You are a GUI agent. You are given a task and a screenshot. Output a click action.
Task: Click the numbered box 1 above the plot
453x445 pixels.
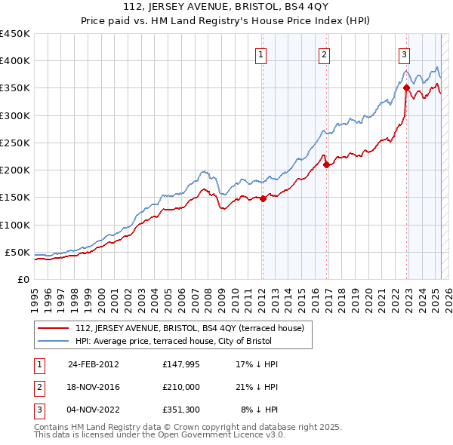[260, 54]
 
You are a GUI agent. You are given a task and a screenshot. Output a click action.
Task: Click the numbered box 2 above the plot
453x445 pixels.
[323, 54]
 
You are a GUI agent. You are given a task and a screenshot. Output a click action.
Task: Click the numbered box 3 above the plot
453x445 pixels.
[404, 54]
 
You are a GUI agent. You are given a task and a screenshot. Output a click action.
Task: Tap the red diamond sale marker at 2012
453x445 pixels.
[263, 198]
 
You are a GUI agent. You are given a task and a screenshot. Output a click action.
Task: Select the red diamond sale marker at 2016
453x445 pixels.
[325, 164]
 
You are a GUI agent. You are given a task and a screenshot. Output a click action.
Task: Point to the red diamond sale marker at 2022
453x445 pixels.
[406, 87]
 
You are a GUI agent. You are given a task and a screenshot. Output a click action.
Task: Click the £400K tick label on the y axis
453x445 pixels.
[14, 61]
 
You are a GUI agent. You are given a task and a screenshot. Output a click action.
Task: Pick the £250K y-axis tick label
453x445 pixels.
[14, 143]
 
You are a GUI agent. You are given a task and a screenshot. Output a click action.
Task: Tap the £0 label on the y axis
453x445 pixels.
[23, 279]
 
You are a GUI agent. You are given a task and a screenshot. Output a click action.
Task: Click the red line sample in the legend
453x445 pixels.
[53, 328]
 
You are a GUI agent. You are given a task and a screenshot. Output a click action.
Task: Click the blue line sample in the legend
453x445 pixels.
[53, 342]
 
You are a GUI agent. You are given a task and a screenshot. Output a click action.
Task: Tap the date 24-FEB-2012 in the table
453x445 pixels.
[94, 364]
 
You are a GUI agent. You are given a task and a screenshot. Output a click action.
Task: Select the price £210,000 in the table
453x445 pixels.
[179, 387]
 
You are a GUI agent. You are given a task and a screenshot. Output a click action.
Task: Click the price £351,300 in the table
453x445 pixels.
[179, 410]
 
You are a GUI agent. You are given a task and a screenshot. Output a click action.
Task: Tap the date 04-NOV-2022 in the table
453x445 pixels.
[94, 410]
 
